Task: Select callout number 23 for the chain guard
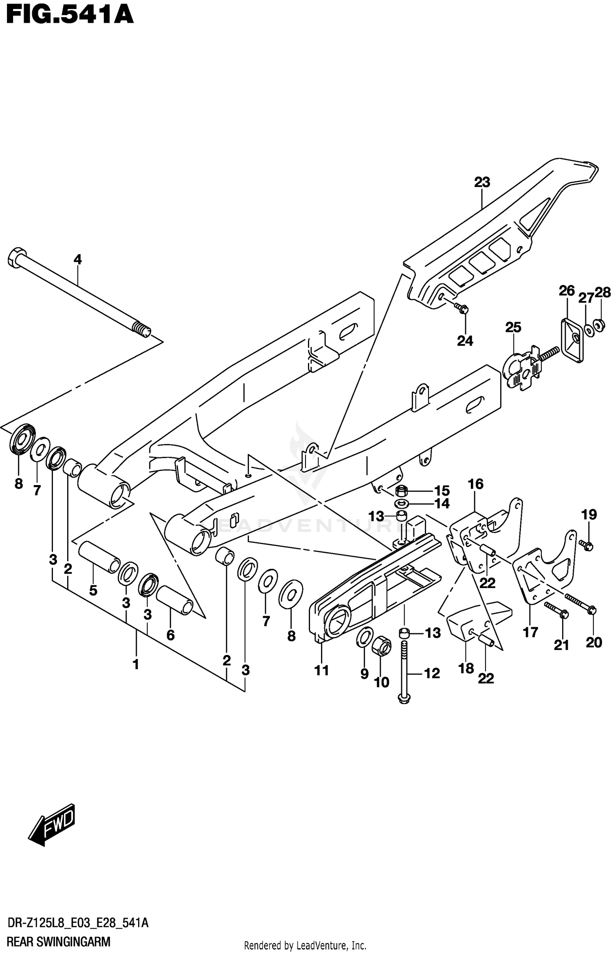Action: [x=482, y=182]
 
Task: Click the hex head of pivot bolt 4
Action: [x=15, y=258]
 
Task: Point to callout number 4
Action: [x=77, y=259]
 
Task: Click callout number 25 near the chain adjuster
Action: [x=513, y=327]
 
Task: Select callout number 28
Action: [x=603, y=292]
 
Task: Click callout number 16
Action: [x=475, y=484]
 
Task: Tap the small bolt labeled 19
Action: [x=587, y=545]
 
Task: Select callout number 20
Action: [x=593, y=642]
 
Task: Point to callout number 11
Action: [x=322, y=670]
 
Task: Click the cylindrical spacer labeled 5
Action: [x=99, y=558]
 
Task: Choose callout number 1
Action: [x=136, y=664]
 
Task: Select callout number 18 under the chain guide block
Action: [x=466, y=668]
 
